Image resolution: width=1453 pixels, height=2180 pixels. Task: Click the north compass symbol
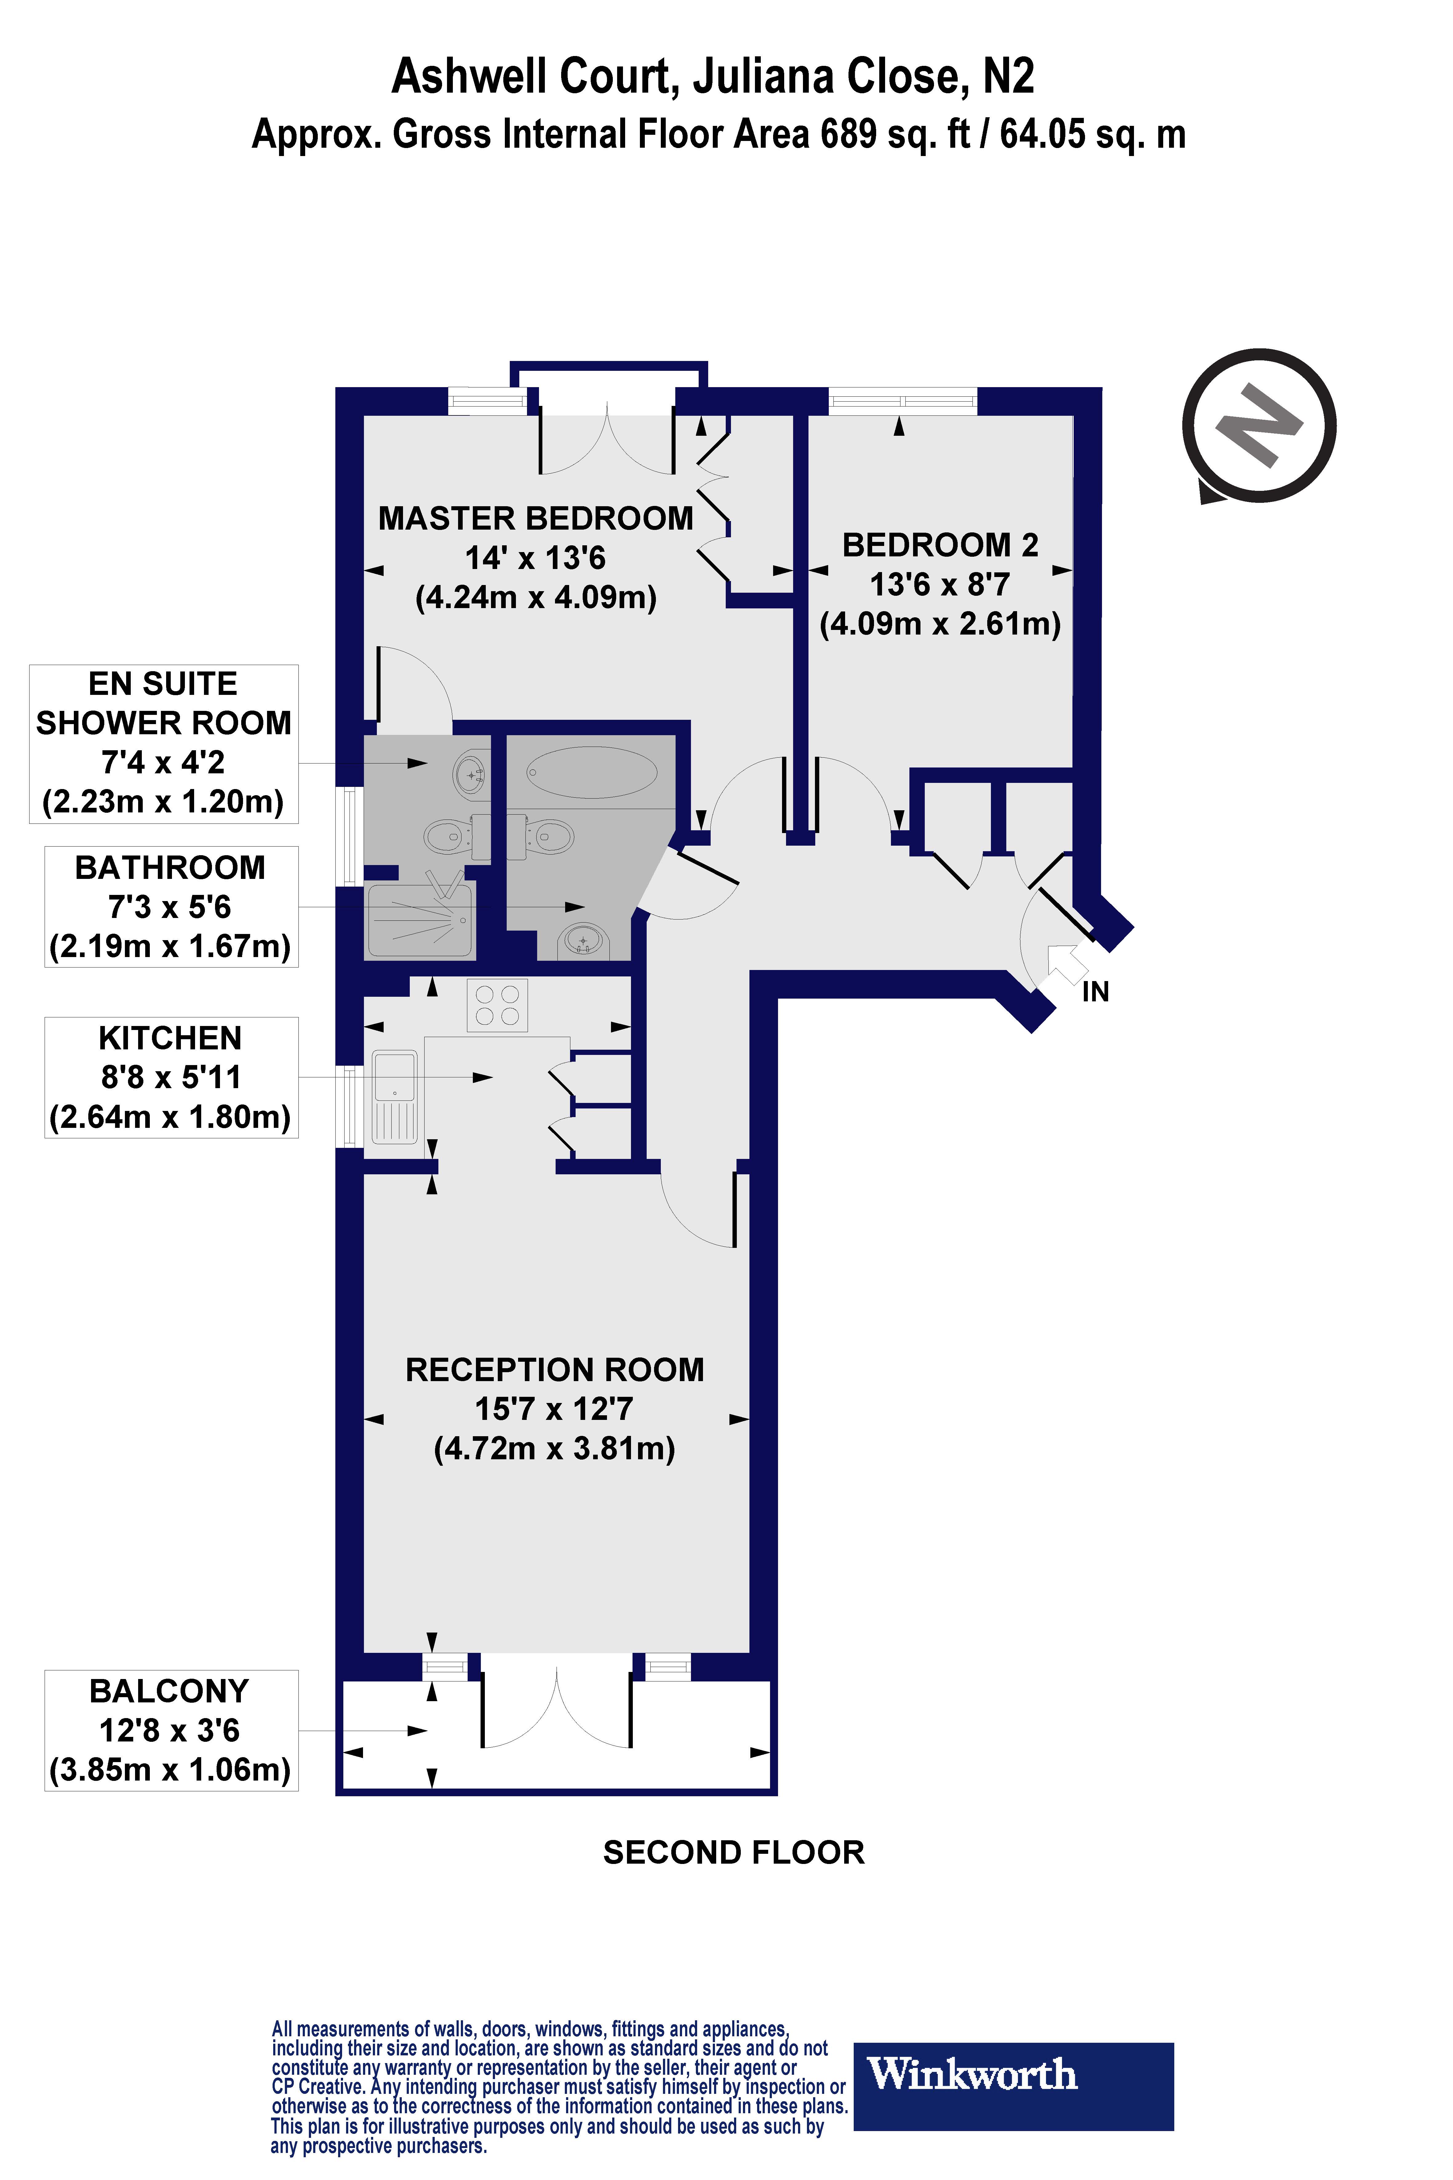(1258, 426)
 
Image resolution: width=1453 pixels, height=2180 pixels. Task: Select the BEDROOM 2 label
(940, 545)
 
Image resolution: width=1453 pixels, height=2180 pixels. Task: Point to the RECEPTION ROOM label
(554, 1370)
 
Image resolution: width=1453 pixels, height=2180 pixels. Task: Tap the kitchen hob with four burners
(497, 1006)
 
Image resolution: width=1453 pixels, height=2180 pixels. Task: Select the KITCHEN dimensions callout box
(170, 1077)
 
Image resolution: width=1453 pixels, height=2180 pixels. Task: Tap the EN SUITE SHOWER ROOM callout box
(164, 743)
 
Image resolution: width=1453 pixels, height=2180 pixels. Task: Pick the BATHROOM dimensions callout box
(170, 907)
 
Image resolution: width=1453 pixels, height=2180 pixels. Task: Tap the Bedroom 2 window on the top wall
(902, 401)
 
